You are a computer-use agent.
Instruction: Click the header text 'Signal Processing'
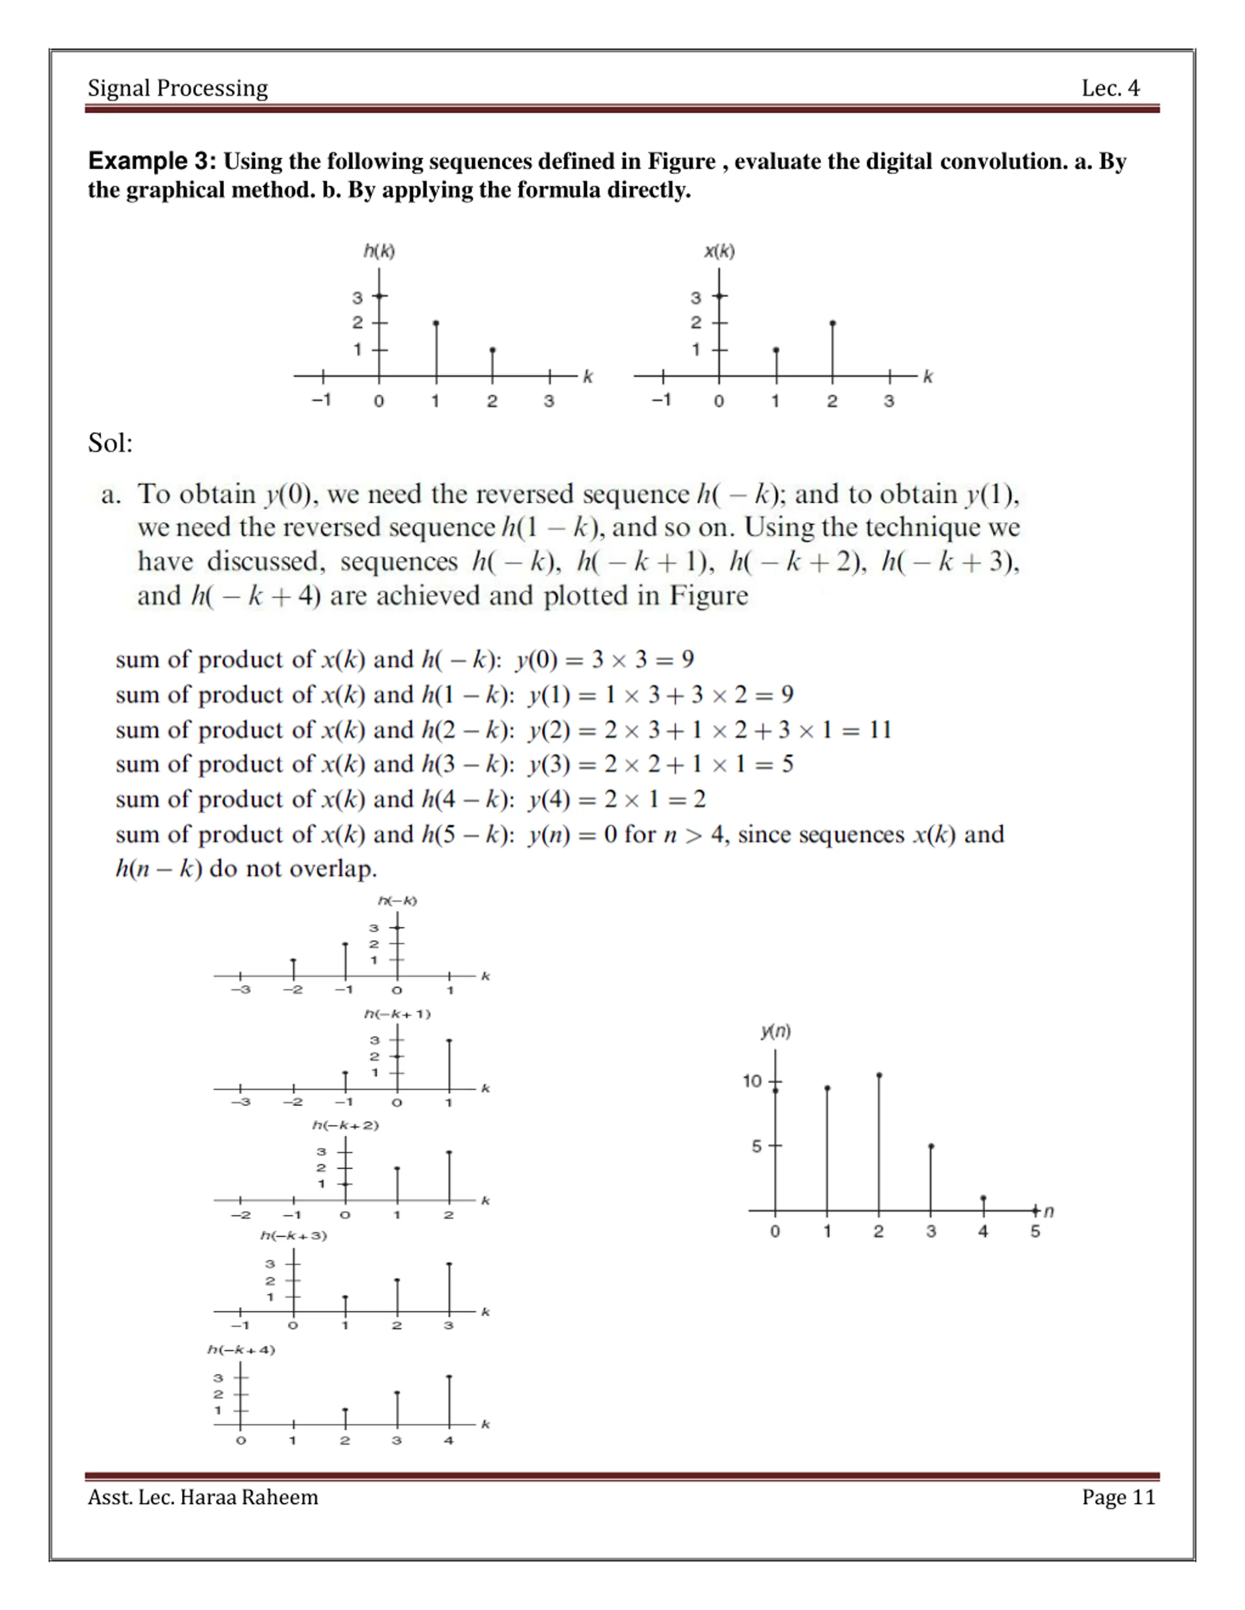pyautogui.click(x=178, y=88)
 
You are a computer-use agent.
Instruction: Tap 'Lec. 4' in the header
pyautogui.click(x=1110, y=88)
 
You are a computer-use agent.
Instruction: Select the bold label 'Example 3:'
pyautogui.click(x=152, y=161)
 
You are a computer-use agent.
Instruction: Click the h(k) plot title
pyautogui.click(x=379, y=251)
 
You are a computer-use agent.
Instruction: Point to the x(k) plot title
pyautogui.click(x=719, y=251)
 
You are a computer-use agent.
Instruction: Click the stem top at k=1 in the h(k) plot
pyautogui.click(x=436, y=323)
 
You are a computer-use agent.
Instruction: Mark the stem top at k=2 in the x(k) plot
pyautogui.click(x=833, y=323)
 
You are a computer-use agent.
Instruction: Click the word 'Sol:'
pyautogui.click(x=110, y=443)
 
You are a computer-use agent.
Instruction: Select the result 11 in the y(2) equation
pyautogui.click(x=880, y=730)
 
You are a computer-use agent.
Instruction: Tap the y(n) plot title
pyautogui.click(x=776, y=1031)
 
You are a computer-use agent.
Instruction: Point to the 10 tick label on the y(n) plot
pyautogui.click(x=751, y=1081)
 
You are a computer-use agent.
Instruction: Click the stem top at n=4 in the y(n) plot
pyautogui.click(x=983, y=1198)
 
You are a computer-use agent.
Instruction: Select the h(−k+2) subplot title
pyautogui.click(x=345, y=1125)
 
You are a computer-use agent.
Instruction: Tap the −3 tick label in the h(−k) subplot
pyautogui.click(x=240, y=990)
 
